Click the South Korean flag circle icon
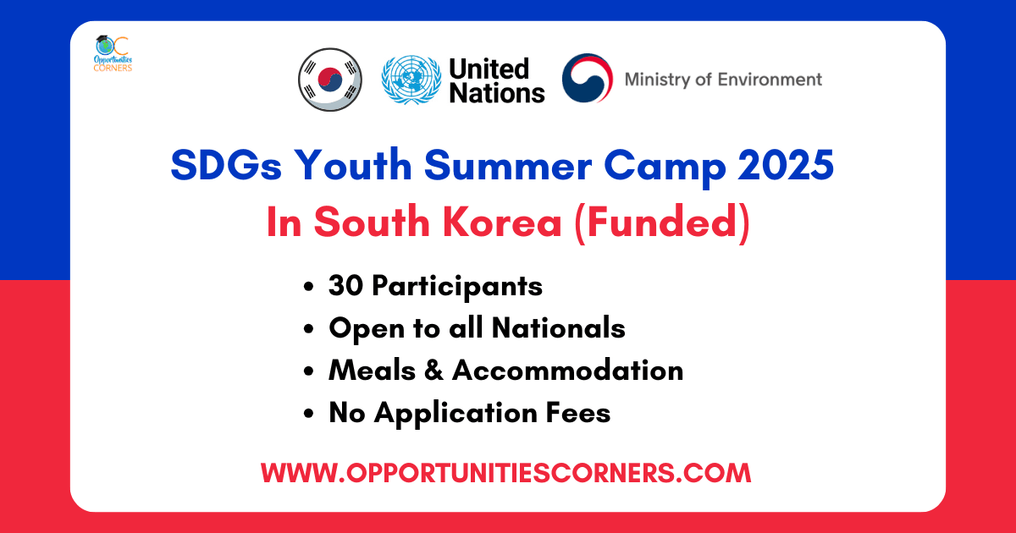pos(329,80)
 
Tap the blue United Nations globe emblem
pos(411,80)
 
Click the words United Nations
pos(497,80)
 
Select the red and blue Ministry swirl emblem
pos(588,78)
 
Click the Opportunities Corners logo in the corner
pos(113,53)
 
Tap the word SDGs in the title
pos(226,165)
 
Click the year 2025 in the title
pos(786,165)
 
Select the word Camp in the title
pos(665,168)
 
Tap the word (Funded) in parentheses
pos(662,223)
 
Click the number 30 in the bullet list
pos(345,286)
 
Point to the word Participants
pos(457,288)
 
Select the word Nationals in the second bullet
pos(558,327)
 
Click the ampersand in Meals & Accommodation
pos(433,370)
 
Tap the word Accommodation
pos(567,370)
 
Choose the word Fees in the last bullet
pos(577,413)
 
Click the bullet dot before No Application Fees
pos(309,413)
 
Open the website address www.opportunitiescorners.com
pos(505,473)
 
